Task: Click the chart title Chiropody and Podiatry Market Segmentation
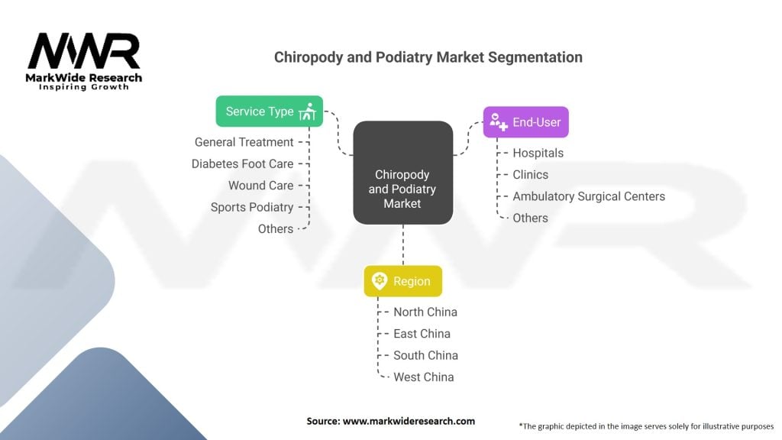point(428,57)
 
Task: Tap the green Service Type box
point(269,112)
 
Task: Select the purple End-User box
point(525,122)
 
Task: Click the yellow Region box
point(402,281)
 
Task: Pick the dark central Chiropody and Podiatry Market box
point(402,173)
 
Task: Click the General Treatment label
point(244,142)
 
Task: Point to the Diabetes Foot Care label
point(242,163)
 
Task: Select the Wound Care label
point(260,186)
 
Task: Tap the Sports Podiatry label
point(252,207)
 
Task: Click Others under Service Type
point(275,228)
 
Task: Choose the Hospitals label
point(538,153)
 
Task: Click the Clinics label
point(530,174)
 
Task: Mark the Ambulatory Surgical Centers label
point(588,196)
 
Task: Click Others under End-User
point(530,218)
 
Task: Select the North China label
point(425,312)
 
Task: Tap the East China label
point(422,333)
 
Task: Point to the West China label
point(423,377)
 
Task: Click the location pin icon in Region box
point(379,281)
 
